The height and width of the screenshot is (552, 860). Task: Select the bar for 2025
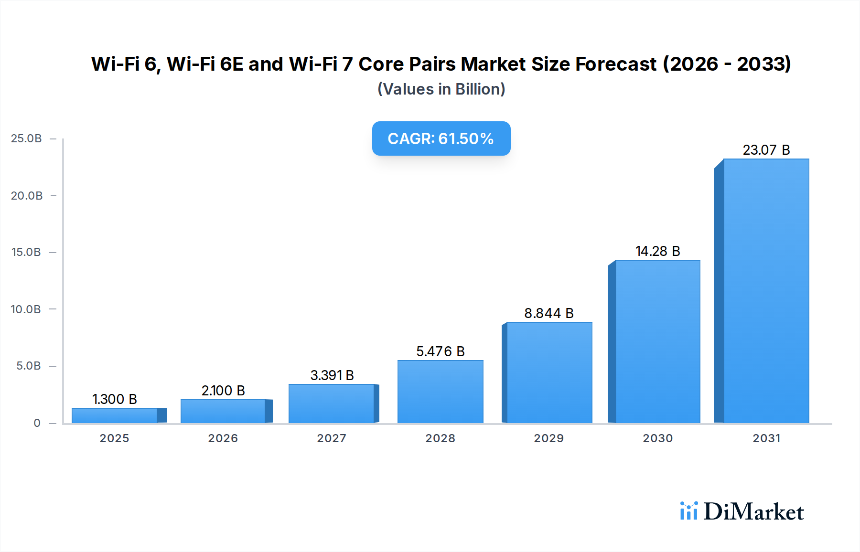point(115,415)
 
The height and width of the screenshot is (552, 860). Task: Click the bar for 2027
point(332,403)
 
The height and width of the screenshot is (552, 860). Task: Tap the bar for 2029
point(549,372)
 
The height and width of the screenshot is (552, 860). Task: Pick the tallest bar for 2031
point(766,291)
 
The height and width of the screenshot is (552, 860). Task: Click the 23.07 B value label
point(766,150)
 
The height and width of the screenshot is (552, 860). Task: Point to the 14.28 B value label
point(657,251)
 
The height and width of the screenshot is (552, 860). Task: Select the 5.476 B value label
point(440,351)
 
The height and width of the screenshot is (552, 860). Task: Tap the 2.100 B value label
point(223,391)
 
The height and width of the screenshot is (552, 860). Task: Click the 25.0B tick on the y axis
point(26,138)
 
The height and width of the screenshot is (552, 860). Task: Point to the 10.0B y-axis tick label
point(26,309)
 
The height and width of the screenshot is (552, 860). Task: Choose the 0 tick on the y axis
point(37,423)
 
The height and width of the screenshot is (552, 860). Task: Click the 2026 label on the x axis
point(223,438)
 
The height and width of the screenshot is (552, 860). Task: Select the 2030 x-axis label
point(657,438)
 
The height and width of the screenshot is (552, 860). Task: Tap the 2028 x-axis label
point(440,438)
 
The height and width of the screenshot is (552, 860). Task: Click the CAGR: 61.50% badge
point(441,138)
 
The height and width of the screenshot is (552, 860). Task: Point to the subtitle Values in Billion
point(441,89)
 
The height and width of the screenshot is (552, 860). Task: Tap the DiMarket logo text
point(753,512)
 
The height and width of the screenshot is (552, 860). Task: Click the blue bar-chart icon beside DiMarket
point(688,511)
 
